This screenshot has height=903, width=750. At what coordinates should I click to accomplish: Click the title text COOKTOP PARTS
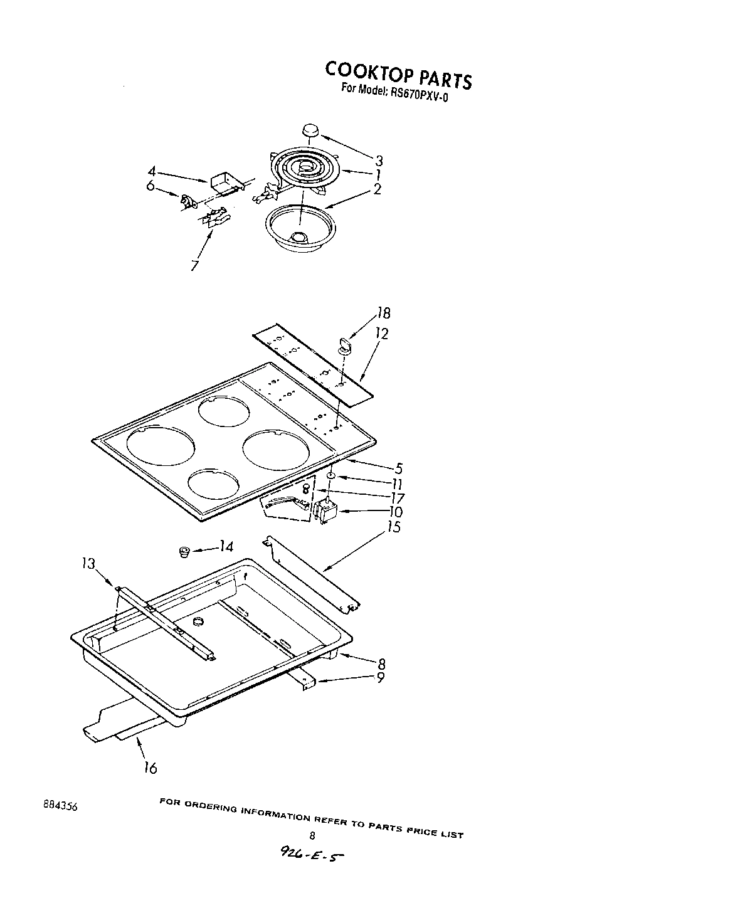398,75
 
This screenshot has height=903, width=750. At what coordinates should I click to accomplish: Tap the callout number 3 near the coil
379,160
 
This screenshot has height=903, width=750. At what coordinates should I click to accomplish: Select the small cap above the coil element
310,130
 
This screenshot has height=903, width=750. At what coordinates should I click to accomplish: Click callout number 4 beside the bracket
152,171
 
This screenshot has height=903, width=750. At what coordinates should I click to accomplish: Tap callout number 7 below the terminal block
195,265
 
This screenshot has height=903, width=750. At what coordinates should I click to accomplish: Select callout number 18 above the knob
383,314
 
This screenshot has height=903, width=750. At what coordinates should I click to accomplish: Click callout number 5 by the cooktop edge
399,468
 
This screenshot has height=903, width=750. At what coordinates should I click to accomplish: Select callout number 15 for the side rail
394,527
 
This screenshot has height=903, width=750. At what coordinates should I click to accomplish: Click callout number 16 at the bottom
151,767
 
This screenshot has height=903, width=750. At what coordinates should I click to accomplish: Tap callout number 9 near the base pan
380,678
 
